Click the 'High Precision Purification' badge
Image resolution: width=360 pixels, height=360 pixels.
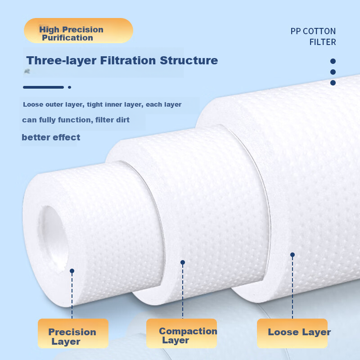click(x=78, y=31)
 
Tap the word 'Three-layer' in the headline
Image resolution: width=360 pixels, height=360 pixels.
click(x=61, y=61)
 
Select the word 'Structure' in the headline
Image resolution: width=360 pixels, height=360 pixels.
click(x=189, y=60)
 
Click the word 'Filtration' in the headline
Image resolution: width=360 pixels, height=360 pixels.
click(x=128, y=60)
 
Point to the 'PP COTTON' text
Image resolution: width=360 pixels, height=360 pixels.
click(x=313, y=31)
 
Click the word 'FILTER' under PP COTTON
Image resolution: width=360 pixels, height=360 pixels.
click(x=323, y=42)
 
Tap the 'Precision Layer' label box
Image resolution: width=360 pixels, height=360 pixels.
click(x=73, y=333)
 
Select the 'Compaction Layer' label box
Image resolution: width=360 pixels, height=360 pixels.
click(x=182, y=333)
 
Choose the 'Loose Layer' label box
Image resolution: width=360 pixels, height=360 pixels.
click(x=292, y=333)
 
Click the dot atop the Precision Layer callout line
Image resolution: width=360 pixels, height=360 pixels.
click(x=72, y=271)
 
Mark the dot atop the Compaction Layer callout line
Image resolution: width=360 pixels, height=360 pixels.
click(x=183, y=262)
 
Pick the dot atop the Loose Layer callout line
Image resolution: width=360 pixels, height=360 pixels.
click(x=292, y=255)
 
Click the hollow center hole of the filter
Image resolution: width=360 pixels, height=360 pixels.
click(x=53, y=239)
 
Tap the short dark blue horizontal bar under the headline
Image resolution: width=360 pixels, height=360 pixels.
click(x=43, y=87)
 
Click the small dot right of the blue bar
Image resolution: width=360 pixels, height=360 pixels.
click(x=69, y=87)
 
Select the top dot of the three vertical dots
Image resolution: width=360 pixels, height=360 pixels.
click(x=333, y=61)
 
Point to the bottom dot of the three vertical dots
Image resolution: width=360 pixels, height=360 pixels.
click(x=333, y=83)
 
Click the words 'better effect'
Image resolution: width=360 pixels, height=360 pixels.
click(x=51, y=137)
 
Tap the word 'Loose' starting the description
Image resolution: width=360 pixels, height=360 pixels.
click(x=33, y=104)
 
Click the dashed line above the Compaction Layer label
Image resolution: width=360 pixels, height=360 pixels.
click(x=183, y=291)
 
